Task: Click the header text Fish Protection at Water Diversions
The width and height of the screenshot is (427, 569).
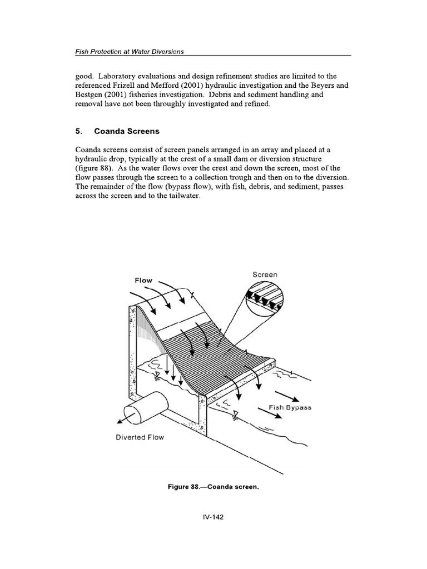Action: (x=129, y=51)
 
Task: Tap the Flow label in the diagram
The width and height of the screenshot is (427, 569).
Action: (x=143, y=281)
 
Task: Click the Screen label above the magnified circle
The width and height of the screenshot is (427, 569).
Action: (x=265, y=274)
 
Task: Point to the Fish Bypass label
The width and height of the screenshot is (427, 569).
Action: (x=290, y=407)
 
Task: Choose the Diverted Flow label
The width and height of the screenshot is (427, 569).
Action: (x=140, y=437)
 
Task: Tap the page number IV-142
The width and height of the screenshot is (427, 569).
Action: (x=213, y=516)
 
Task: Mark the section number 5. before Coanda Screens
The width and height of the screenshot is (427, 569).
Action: (x=78, y=132)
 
